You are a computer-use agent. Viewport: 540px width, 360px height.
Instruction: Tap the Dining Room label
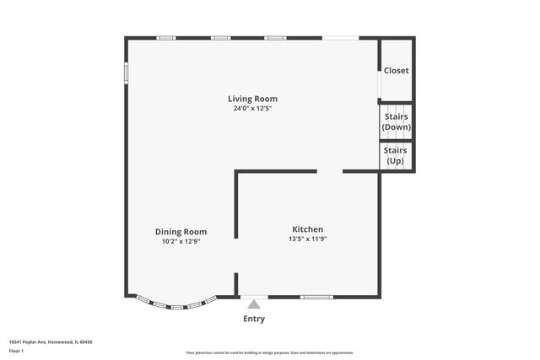click(x=181, y=232)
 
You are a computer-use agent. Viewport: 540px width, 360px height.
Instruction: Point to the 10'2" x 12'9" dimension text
click(x=181, y=241)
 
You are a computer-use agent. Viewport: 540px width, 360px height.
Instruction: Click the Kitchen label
click(x=307, y=229)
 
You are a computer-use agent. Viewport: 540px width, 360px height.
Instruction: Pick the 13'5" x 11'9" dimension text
click(x=307, y=239)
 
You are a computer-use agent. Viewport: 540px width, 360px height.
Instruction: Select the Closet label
click(x=397, y=71)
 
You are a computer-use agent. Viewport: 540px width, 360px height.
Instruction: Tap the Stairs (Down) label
click(x=397, y=121)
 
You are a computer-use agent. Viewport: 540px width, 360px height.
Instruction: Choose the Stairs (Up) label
click(x=396, y=156)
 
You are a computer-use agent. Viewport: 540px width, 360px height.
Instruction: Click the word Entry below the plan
click(x=254, y=319)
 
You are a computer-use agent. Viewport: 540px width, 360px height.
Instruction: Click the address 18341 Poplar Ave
click(x=50, y=341)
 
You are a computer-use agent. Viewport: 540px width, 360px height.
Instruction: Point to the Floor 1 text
click(x=17, y=350)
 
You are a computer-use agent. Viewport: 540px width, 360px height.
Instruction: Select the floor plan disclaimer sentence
click(x=269, y=352)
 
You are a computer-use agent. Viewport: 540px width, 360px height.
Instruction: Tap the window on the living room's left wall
click(x=126, y=73)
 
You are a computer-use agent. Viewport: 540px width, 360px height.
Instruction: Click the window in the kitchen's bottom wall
click(x=316, y=297)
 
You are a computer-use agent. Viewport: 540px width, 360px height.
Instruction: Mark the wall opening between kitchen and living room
click(x=329, y=172)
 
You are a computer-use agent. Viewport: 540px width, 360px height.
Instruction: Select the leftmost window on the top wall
click(x=166, y=37)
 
